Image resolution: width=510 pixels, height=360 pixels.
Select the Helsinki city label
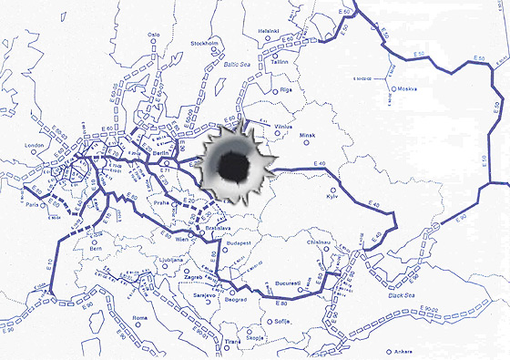(269, 30)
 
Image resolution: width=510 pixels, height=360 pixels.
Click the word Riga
(284, 92)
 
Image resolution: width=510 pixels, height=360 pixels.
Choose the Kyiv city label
(332, 197)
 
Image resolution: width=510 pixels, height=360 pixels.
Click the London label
(36, 145)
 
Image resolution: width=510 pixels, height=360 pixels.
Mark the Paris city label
(34, 206)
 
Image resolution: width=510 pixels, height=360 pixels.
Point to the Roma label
(140, 317)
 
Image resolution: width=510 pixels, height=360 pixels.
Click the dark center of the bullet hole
(233, 165)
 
